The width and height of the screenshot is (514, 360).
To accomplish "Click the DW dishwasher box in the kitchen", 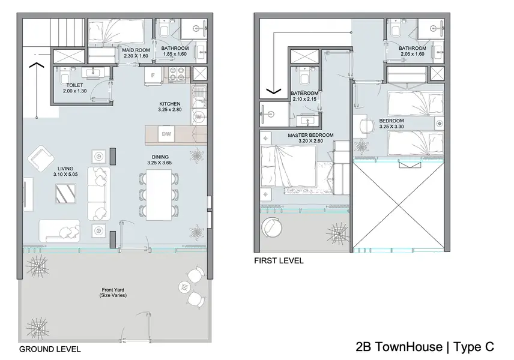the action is [x=166, y=134].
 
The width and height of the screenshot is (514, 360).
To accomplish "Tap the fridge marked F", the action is [x=153, y=76].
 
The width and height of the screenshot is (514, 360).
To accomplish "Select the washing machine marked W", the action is [x=199, y=116].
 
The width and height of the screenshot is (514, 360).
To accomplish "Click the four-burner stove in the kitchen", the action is [x=177, y=74].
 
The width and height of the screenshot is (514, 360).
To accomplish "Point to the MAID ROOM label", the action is [x=136, y=50].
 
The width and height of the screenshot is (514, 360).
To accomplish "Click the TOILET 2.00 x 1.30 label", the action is [x=74, y=88].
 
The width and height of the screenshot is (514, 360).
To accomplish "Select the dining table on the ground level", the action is [x=159, y=196].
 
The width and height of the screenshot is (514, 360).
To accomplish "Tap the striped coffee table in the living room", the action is [x=65, y=194].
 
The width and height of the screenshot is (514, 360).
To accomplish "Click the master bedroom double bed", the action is [x=288, y=166].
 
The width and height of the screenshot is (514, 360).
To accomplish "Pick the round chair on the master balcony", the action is [x=271, y=227].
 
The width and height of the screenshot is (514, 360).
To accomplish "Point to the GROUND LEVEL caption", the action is [x=50, y=349].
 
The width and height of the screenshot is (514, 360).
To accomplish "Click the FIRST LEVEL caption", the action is [x=279, y=261].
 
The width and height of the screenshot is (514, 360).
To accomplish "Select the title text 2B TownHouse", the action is [x=399, y=347].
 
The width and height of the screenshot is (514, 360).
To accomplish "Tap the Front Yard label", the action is [x=113, y=290].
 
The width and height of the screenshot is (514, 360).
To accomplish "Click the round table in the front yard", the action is [x=185, y=287].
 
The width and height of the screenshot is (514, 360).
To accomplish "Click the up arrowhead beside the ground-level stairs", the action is [x=37, y=65].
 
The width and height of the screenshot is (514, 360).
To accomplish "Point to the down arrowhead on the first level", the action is [x=274, y=91].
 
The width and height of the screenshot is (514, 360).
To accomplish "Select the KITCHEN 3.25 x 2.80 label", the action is [x=170, y=107].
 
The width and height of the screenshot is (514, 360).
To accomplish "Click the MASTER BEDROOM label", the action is [x=311, y=135].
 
